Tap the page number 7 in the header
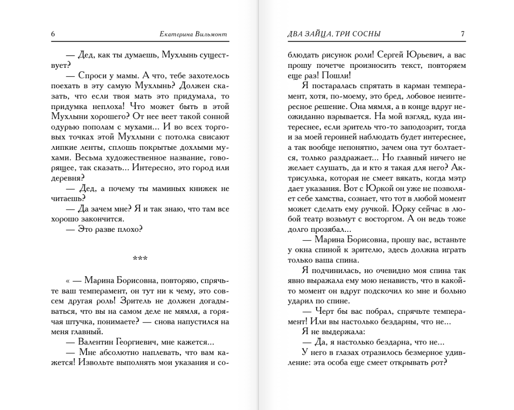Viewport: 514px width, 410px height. (463, 34)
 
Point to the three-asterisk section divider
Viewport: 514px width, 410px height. (140, 258)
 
